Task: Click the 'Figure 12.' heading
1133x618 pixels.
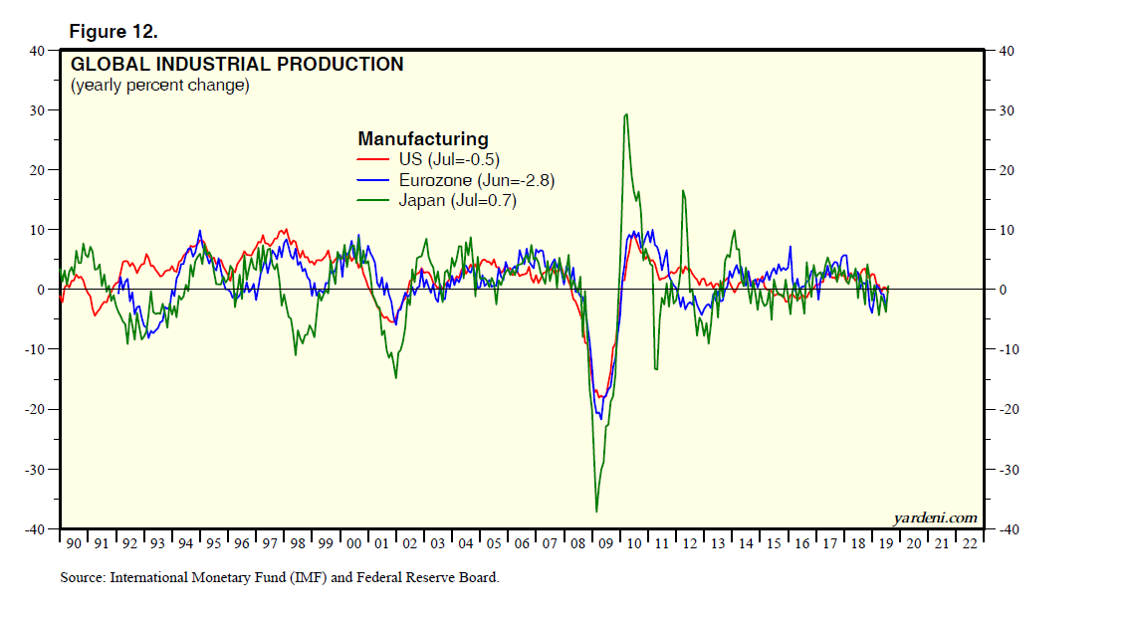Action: [x=113, y=31]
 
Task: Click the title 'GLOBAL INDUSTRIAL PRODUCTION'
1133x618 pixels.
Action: [x=237, y=65]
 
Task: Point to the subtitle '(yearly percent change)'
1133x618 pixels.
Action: [x=159, y=86]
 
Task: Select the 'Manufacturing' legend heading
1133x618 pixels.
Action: [x=422, y=139]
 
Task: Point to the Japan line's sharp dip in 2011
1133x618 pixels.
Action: [x=656, y=369]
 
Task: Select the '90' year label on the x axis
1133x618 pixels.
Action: [x=74, y=543]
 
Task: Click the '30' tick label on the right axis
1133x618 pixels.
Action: [x=1005, y=109]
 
